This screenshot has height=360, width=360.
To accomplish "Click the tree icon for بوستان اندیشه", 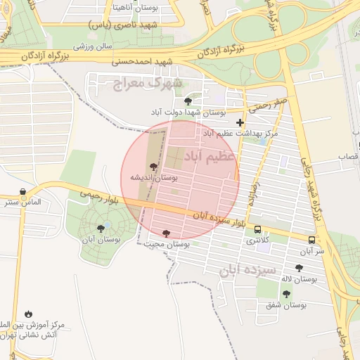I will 154,166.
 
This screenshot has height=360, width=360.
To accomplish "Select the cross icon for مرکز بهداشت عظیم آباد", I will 240,122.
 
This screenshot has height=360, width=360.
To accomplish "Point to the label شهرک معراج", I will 147,84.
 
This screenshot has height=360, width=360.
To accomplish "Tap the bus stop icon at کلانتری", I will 257,229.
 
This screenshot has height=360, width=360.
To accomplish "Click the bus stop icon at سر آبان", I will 311,240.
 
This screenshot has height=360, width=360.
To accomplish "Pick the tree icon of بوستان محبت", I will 166,233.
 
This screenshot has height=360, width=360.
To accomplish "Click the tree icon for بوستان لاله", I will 300,268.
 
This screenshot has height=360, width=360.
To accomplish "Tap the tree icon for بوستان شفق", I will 286,294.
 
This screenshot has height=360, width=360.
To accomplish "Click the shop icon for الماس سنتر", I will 24,191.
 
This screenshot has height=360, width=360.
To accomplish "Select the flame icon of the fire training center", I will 28,314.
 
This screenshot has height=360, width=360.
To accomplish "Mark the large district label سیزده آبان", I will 248,271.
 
